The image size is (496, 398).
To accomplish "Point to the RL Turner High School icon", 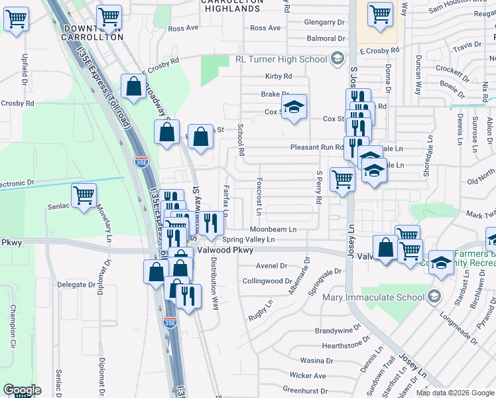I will coord(337,59).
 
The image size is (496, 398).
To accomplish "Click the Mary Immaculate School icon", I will coord(434,297).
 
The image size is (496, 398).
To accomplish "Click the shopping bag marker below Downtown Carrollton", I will coord(134,86).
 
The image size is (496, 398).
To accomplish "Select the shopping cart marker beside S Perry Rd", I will coord(342,178).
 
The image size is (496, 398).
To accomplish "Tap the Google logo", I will coord(22,391).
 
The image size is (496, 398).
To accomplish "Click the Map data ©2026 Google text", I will coord(454,393).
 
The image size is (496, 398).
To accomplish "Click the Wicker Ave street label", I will coord(308,375).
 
